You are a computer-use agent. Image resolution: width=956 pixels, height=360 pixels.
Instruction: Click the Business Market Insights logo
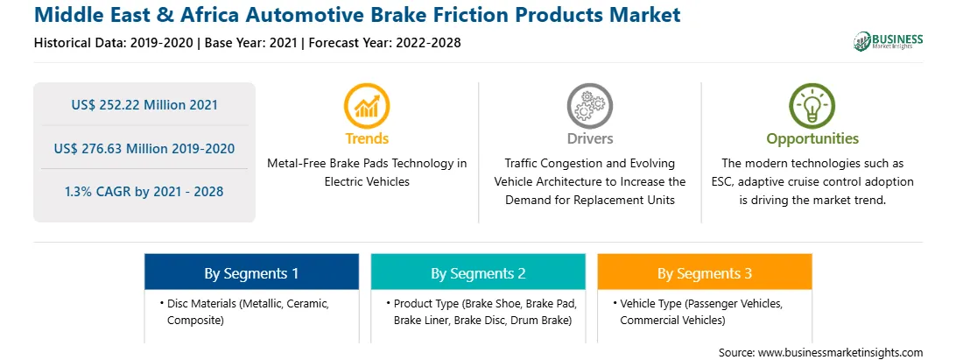[x=888, y=41]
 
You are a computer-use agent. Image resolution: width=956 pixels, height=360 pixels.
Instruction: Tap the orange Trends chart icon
[x=367, y=106]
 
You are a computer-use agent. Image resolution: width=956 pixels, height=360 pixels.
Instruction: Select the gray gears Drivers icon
[x=589, y=106]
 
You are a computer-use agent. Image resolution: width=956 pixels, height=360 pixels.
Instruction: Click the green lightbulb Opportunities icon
[x=812, y=106]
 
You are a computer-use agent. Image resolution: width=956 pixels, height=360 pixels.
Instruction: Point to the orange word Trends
[x=367, y=138]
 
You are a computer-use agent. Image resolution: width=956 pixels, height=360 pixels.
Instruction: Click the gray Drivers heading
[x=589, y=138]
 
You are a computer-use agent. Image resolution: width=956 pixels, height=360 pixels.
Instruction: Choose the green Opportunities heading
[x=812, y=139]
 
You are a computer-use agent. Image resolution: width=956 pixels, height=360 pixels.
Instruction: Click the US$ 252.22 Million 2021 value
[x=144, y=104]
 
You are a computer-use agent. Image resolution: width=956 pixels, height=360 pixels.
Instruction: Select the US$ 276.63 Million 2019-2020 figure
[x=144, y=148]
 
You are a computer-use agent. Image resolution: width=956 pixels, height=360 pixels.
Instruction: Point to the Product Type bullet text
[x=482, y=311]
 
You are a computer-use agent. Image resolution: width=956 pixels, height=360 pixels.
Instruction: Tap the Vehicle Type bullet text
[x=699, y=311]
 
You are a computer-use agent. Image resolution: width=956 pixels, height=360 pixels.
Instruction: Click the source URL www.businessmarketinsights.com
[x=840, y=352]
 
